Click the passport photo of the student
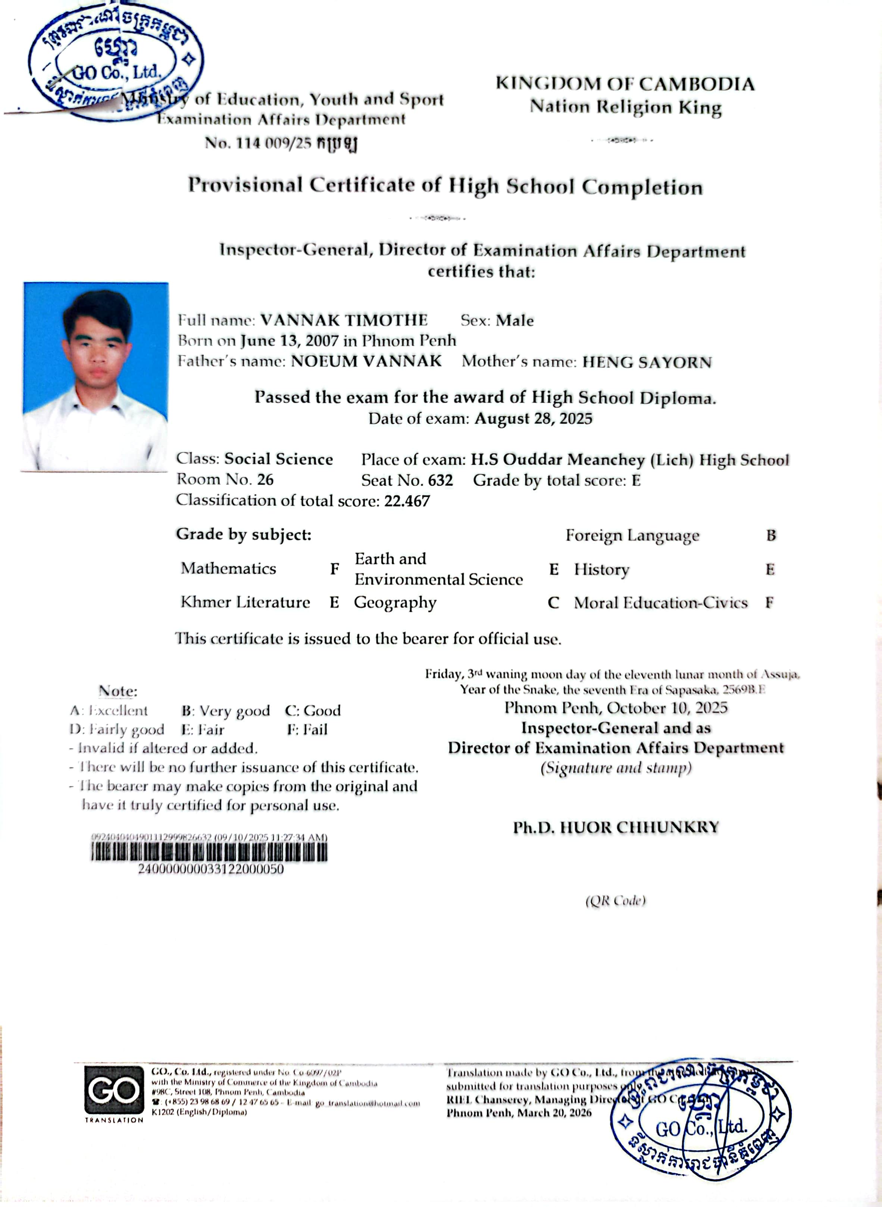pyautogui.click(x=95, y=376)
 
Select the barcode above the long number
pyautogui.click(x=209, y=852)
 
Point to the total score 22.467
pyautogui.click(x=407, y=501)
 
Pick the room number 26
pyautogui.click(x=265, y=479)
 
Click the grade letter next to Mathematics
pyautogui.click(x=334, y=569)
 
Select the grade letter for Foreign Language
pyautogui.click(x=770, y=535)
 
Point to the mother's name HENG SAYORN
pyautogui.click(x=647, y=362)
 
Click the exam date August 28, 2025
pyautogui.click(x=534, y=419)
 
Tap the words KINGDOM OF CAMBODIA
pyautogui.click(x=625, y=84)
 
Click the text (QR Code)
pyautogui.click(x=616, y=900)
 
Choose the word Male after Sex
pyautogui.click(x=514, y=321)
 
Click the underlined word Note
pyautogui.click(x=118, y=691)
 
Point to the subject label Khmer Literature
pyautogui.click(x=245, y=603)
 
